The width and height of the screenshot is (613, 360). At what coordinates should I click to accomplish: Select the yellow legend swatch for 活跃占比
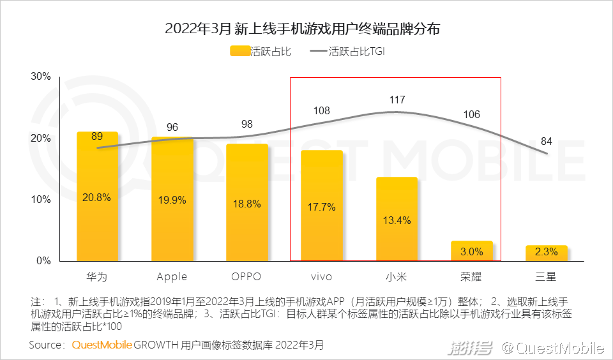(239, 52)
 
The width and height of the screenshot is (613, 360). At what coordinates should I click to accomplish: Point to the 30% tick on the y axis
(41, 77)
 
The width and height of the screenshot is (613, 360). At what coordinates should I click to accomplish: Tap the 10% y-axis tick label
(41, 200)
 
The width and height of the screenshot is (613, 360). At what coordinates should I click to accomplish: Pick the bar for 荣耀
(472, 251)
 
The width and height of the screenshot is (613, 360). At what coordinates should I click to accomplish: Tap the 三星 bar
(547, 253)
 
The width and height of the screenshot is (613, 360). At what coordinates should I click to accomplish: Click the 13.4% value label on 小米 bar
(397, 220)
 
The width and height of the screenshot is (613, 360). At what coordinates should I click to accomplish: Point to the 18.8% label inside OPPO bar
(247, 204)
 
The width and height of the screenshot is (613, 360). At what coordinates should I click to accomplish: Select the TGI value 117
(397, 100)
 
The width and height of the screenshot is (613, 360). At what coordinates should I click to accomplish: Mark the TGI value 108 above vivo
(322, 110)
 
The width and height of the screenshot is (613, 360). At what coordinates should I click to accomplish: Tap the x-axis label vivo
(322, 276)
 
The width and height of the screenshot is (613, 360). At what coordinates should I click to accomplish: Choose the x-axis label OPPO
(247, 276)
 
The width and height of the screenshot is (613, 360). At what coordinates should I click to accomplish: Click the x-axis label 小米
(397, 276)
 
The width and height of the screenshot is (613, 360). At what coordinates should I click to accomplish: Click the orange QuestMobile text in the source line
(102, 345)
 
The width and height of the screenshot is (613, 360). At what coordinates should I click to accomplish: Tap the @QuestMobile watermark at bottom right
(552, 348)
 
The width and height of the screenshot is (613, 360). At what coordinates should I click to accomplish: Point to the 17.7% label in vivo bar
(322, 207)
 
